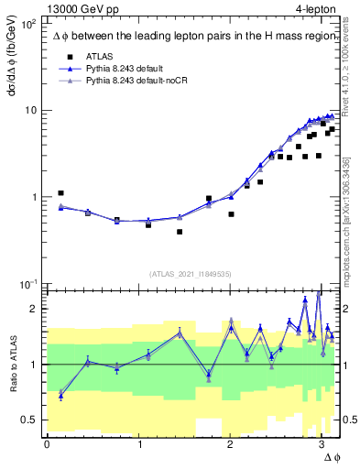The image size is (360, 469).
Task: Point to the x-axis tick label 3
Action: (x=321, y=443)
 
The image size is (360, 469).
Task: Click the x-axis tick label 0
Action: (x=47, y=443)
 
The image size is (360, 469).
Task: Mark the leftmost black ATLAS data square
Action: (x=60, y=193)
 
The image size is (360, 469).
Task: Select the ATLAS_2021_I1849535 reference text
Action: (x=191, y=273)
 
